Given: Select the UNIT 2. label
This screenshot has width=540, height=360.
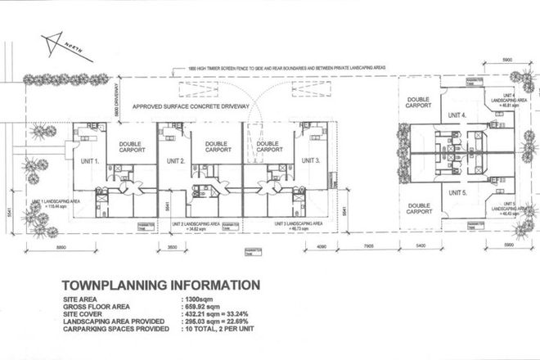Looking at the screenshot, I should tap(172, 161).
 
